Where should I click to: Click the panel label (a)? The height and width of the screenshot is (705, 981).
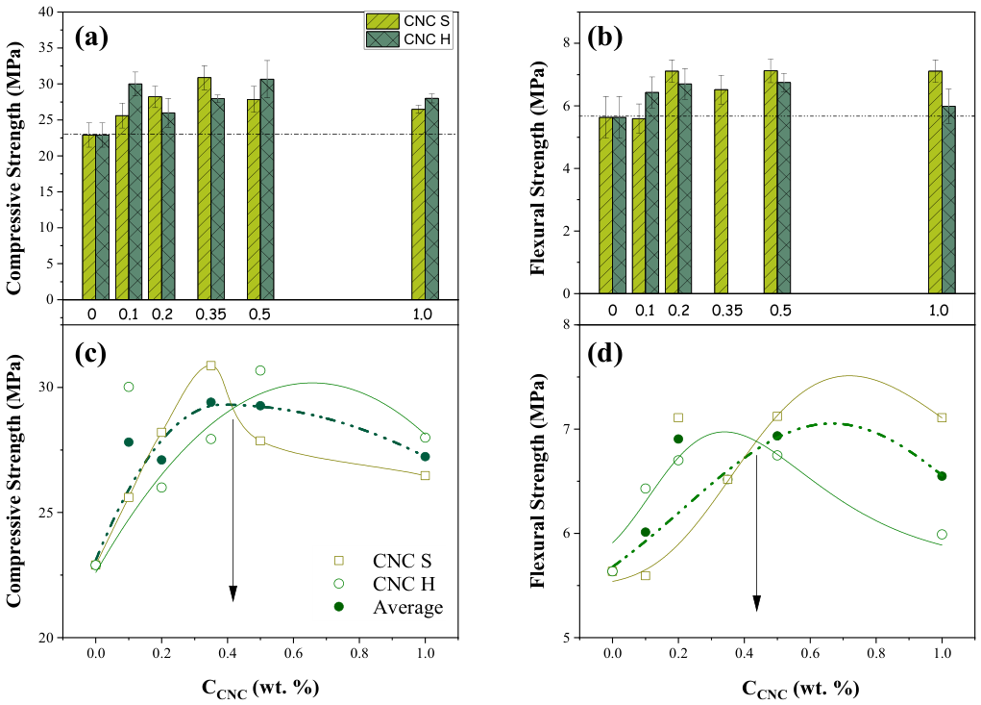(91, 38)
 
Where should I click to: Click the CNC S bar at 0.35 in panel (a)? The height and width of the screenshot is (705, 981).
(204, 189)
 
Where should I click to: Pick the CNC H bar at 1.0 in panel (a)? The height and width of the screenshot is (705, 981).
(431, 199)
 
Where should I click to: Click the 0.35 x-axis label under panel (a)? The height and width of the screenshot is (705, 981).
(210, 315)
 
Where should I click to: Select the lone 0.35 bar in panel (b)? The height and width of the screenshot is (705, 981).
(721, 191)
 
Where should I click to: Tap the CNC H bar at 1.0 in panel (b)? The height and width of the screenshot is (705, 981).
(948, 200)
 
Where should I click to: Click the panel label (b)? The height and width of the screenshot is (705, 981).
(605, 38)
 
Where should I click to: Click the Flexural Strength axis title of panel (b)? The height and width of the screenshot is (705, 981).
(537, 167)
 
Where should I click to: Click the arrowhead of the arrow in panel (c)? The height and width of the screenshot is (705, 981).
(233, 593)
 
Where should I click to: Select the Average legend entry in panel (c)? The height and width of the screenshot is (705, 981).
(390, 607)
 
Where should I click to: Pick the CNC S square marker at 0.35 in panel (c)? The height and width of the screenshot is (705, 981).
(210, 365)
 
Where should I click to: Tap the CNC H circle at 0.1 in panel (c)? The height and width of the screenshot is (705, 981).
(129, 387)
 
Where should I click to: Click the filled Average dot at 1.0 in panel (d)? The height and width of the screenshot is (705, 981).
(942, 476)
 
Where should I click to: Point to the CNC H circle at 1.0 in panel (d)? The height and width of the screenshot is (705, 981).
(942, 534)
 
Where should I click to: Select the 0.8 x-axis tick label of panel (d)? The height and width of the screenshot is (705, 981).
(876, 653)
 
